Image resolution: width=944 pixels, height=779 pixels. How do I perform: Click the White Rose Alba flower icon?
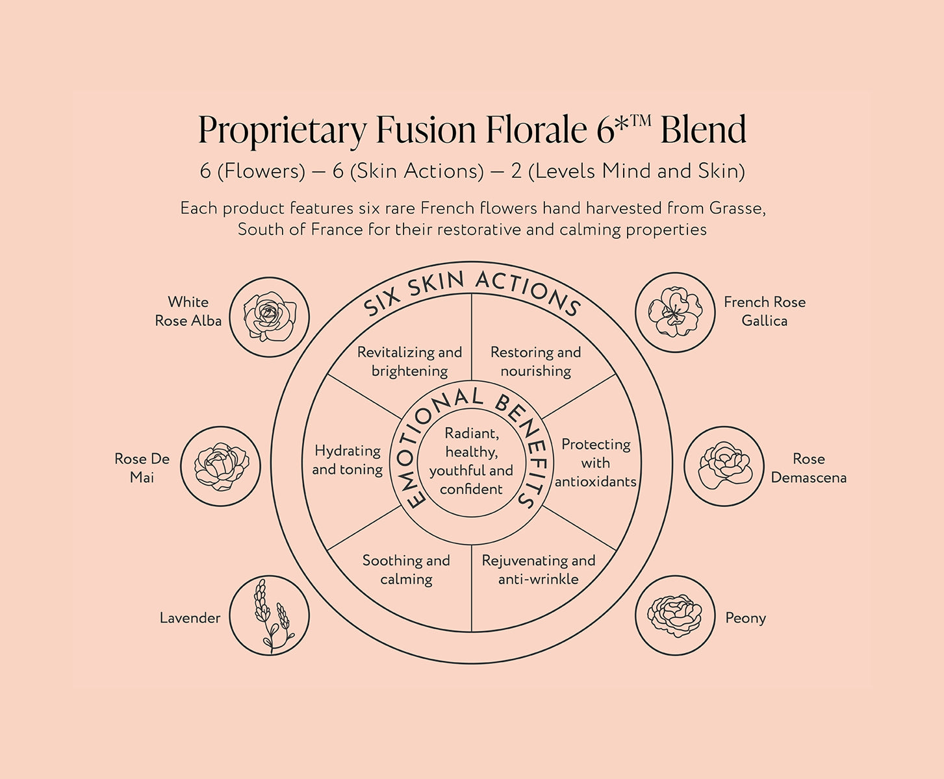pyautogui.click(x=270, y=317)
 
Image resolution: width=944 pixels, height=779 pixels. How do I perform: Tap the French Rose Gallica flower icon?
pyautogui.click(x=674, y=312)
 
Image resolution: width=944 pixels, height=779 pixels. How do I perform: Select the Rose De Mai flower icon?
pyautogui.click(x=220, y=466)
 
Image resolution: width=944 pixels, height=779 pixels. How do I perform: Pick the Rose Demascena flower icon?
pyautogui.click(x=724, y=466)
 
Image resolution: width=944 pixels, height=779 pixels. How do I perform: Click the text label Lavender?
pyautogui.click(x=190, y=618)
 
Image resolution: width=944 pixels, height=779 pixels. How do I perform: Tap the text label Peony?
pyautogui.click(x=745, y=618)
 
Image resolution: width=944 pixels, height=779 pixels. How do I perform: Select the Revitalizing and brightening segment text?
pyautogui.click(x=409, y=362)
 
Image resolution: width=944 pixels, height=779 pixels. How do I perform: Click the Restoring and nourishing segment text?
pyautogui.click(x=535, y=362)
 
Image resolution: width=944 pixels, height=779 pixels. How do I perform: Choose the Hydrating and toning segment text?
pyautogui.click(x=348, y=460)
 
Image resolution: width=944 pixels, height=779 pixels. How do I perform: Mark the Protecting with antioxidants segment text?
pyautogui.click(x=595, y=463)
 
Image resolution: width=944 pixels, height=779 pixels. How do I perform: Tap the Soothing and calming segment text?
pyautogui.click(x=406, y=569)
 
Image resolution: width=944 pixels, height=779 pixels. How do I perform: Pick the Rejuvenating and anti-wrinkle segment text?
pyautogui.click(x=538, y=569)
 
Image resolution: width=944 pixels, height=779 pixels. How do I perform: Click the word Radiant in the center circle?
pyautogui.click(x=471, y=434)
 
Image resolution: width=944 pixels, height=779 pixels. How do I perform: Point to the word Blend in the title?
pyautogui.click(x=703, y=129)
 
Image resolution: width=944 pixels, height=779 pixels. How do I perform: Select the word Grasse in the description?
pyautogui.click(x=737, y=208)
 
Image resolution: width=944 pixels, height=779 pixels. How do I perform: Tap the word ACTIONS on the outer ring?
pyautogui.click(x=527, y=292)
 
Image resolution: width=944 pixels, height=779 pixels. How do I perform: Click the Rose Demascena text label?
pyautogui.click(x=808, y=468)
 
